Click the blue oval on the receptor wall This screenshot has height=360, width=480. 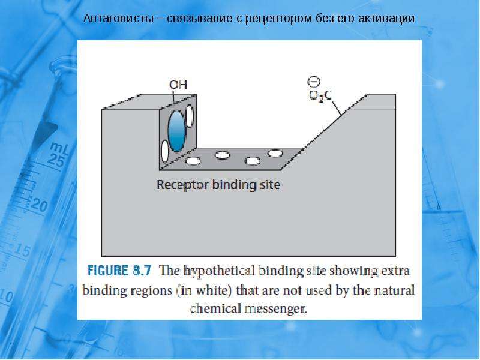click(x=177, y=131)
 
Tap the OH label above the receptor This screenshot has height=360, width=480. click(x=178, y=85)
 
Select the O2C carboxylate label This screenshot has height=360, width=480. click(x=320, y=96)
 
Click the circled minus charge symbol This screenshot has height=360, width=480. click(x=314, y=82)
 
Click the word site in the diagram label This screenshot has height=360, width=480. click(x=270, y=185)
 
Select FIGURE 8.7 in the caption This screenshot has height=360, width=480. click(x=119, y=271)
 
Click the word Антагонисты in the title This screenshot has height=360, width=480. click(x=118, y=19)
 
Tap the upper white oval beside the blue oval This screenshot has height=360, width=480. click(x=190, y=116)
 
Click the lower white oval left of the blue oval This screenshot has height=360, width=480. click(x=165, y=151)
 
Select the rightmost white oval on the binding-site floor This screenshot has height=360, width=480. click(x=275, y=153)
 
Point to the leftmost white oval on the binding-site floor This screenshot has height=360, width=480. click(x=193, y=161)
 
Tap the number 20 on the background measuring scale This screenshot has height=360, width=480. click(x=39, y=205)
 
